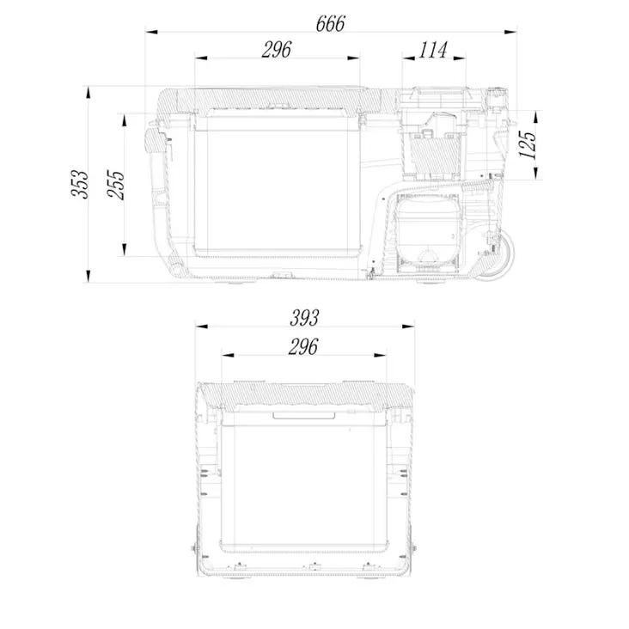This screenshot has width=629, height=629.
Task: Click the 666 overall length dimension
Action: tap(330, 23)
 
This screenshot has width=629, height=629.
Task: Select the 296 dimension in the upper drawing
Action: tap(277, 50)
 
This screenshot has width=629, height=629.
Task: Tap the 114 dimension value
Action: tap(433, 50)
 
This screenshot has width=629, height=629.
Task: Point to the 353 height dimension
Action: tap(79, 184)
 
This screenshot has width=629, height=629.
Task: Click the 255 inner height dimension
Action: tap(116, 185)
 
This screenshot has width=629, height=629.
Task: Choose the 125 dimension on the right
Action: tap(527, 144)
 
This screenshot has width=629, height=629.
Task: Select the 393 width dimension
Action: tap(304, 318)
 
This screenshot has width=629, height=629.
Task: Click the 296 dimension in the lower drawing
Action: tap(302, 346)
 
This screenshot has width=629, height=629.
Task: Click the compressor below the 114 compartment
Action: tap(427, 234)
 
